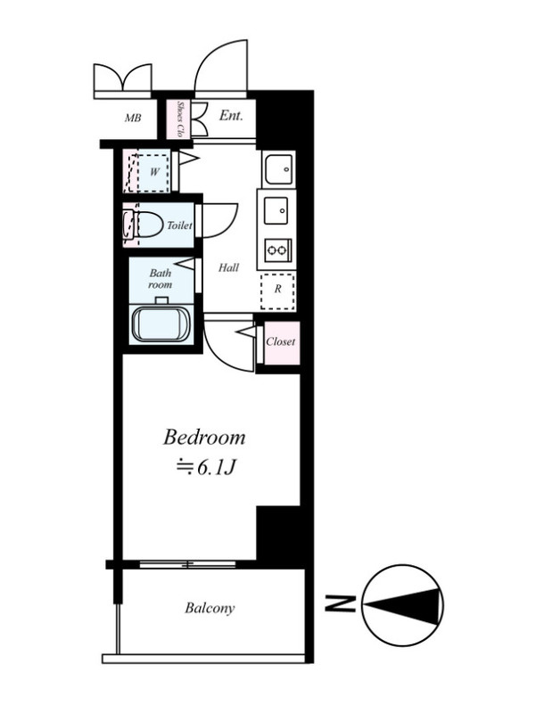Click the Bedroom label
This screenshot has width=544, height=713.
pos(204,438)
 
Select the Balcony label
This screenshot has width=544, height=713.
pos(210,608)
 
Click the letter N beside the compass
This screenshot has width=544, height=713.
pos(340,603)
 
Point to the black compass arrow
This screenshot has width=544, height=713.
pos(404,605)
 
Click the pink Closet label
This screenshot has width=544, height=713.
pos(281,341)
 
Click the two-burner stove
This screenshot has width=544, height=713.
pos(276,250)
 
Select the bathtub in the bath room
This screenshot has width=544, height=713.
pos(161,324)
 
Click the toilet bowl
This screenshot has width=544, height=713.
pos(149,225)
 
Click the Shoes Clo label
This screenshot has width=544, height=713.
pos(179,119)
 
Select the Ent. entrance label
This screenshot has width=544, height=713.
pos(231,116)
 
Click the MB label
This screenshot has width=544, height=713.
pos(133,119)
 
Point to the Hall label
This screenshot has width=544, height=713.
pos(228,268)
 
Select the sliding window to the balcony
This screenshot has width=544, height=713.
pos(187,564)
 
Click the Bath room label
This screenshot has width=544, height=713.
pos(161,279)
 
